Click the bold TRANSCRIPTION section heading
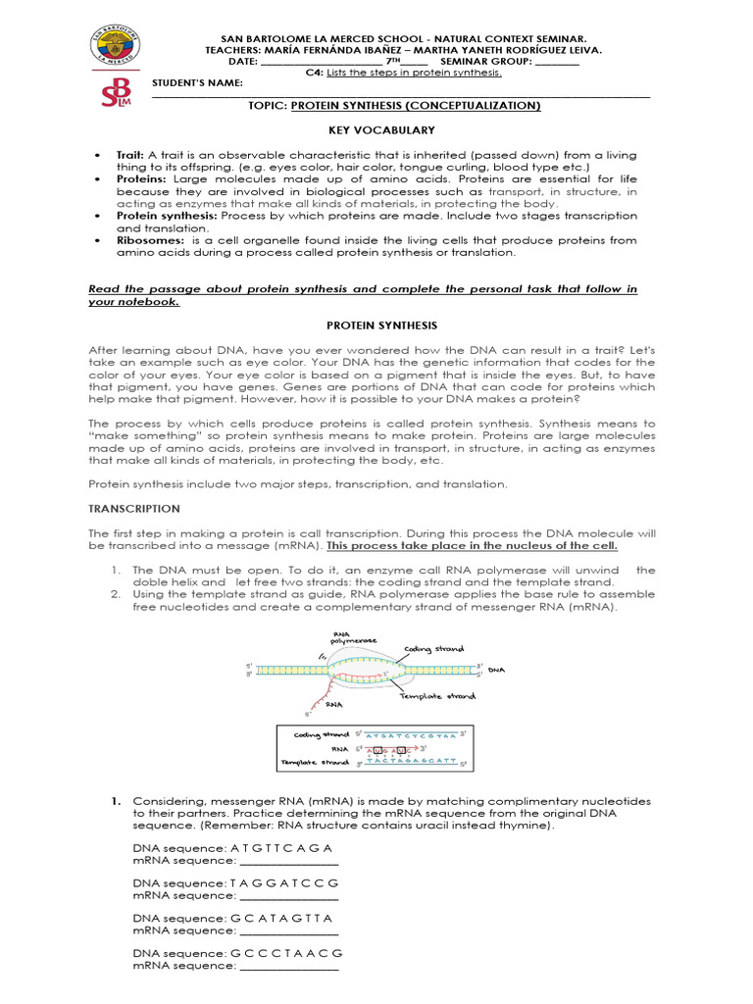click(x=134, y=509)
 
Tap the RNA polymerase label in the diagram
click(x=354, y=638)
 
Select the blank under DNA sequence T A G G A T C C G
click(x=288, y=895)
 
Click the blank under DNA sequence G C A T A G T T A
click(x=288, y=930)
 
